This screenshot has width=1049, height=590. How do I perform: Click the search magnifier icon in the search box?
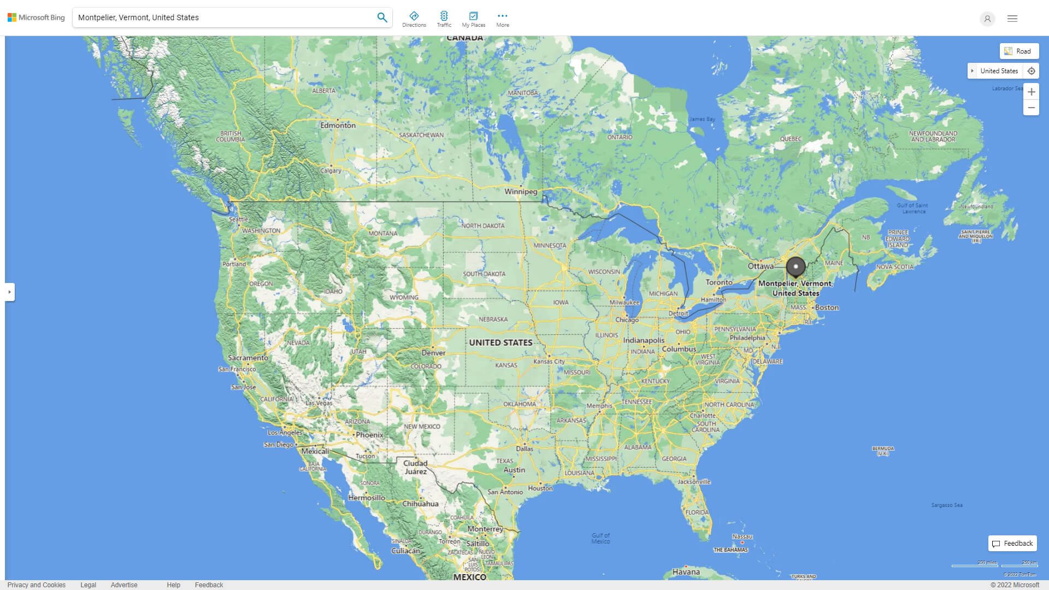(382, 17)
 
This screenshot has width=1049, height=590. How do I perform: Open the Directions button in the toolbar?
(414, 19)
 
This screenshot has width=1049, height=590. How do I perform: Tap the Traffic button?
(444, 19)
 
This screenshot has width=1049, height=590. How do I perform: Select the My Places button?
(473, 19)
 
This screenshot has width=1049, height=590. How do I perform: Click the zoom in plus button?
(1031, 92)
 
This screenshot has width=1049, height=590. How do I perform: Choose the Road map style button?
(1019, 51)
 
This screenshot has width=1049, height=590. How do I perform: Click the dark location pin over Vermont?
(795, 267)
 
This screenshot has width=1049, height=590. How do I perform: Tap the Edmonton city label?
(338, 125)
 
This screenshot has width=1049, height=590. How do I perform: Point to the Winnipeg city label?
(521, 192)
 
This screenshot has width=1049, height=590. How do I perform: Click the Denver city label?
(433, 353)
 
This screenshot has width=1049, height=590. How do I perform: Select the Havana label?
(686, 572)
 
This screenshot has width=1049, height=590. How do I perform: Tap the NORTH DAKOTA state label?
(483, 226)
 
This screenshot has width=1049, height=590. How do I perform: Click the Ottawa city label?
(761, 266)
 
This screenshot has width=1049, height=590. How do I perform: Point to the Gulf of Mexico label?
(600, 539)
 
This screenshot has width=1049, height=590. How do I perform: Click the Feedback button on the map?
(1012, 544)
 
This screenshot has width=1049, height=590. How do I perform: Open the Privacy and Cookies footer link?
(37, 585)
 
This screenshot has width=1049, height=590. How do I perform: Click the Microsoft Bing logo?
(36, 17)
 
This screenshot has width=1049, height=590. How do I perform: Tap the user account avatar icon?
(987, 19)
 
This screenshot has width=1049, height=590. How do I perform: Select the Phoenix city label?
(369, 435)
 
